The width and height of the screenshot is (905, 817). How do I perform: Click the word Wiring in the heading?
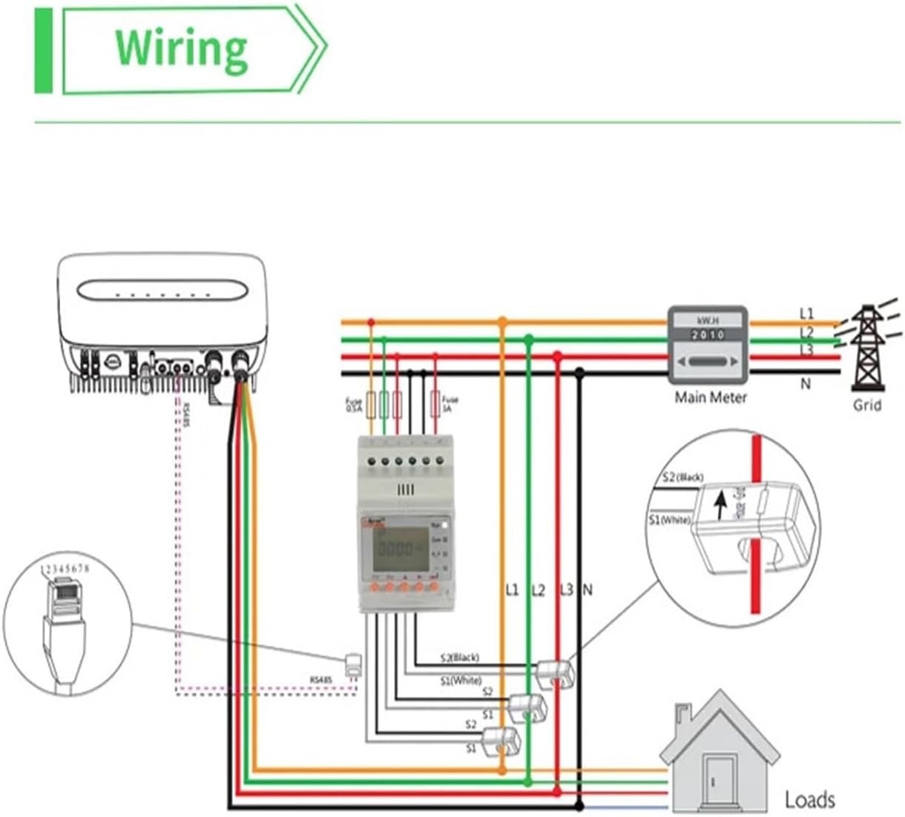point(181,49)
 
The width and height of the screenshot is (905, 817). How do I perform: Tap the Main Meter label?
point(710,397)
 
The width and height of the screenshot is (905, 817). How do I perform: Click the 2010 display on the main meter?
point(708,335)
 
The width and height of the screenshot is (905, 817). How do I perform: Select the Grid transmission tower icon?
point(866,348)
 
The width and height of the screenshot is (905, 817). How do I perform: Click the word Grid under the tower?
point(866,405)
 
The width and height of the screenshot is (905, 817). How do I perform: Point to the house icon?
point(720,752)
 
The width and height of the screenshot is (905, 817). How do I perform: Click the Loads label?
point(809,799)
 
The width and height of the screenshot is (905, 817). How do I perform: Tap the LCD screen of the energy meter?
point(401,548)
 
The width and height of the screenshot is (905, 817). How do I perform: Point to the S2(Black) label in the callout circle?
point(682,477)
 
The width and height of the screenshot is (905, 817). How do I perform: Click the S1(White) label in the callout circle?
point(669,520)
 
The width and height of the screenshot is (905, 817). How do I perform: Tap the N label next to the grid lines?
point(806,384)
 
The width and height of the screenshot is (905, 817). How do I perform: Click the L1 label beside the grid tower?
point(806,314)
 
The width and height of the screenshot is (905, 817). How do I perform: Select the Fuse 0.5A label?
point(354,406)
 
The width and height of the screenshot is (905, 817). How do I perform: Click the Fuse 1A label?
point(450,403)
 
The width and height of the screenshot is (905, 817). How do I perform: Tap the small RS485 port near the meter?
point(354,664)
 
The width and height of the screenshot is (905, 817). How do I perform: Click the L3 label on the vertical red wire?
point(566,590)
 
